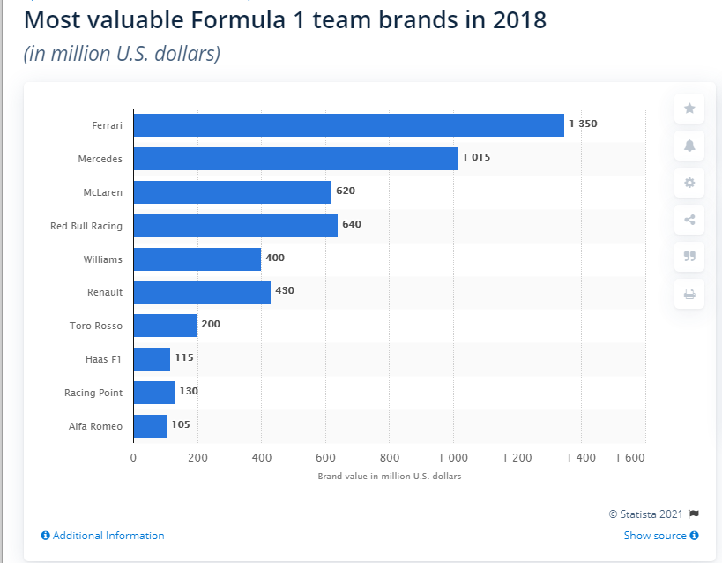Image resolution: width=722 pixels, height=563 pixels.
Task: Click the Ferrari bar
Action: click(x=348, y=125)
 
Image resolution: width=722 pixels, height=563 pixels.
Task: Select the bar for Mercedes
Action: click(x=295, y=159)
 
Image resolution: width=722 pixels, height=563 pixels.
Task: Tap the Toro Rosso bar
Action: click(x=165, y=326)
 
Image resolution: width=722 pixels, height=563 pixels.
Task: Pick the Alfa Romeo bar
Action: click(x=150, y=426)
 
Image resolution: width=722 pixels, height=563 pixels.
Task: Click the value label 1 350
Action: click(x=583, y=124)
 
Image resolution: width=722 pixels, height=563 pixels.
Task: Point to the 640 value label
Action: click(x=352, y=225)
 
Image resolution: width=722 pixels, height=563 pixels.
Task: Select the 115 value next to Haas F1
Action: click(x=184, y=358)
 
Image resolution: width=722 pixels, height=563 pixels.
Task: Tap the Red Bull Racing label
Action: click(x=86, y=226)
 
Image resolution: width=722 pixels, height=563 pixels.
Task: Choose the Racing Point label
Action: click(x=93, y=393)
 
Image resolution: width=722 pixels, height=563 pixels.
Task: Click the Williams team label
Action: click(x=103, y=259)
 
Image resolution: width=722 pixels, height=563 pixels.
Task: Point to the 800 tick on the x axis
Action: click(x=390, y=458)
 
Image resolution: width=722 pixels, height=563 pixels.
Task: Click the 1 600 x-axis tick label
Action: click(x=629, y=458)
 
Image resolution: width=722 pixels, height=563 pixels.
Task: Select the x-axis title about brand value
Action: click(x=390, y=477)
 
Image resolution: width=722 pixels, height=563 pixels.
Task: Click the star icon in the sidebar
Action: click(x=689, y=109)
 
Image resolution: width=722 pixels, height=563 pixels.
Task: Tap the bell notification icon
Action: click(x=689, y=146)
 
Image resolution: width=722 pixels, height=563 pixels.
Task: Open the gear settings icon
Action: click(x=689, y=183)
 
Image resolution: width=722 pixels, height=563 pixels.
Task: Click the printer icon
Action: click(x=689, y=294)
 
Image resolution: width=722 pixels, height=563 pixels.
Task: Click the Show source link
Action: click(x=660, y=536)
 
